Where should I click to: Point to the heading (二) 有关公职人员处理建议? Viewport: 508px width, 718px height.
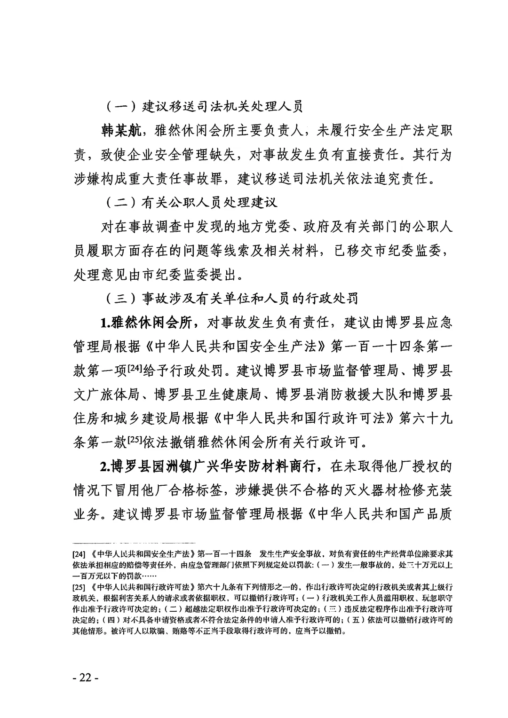(190, 202)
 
